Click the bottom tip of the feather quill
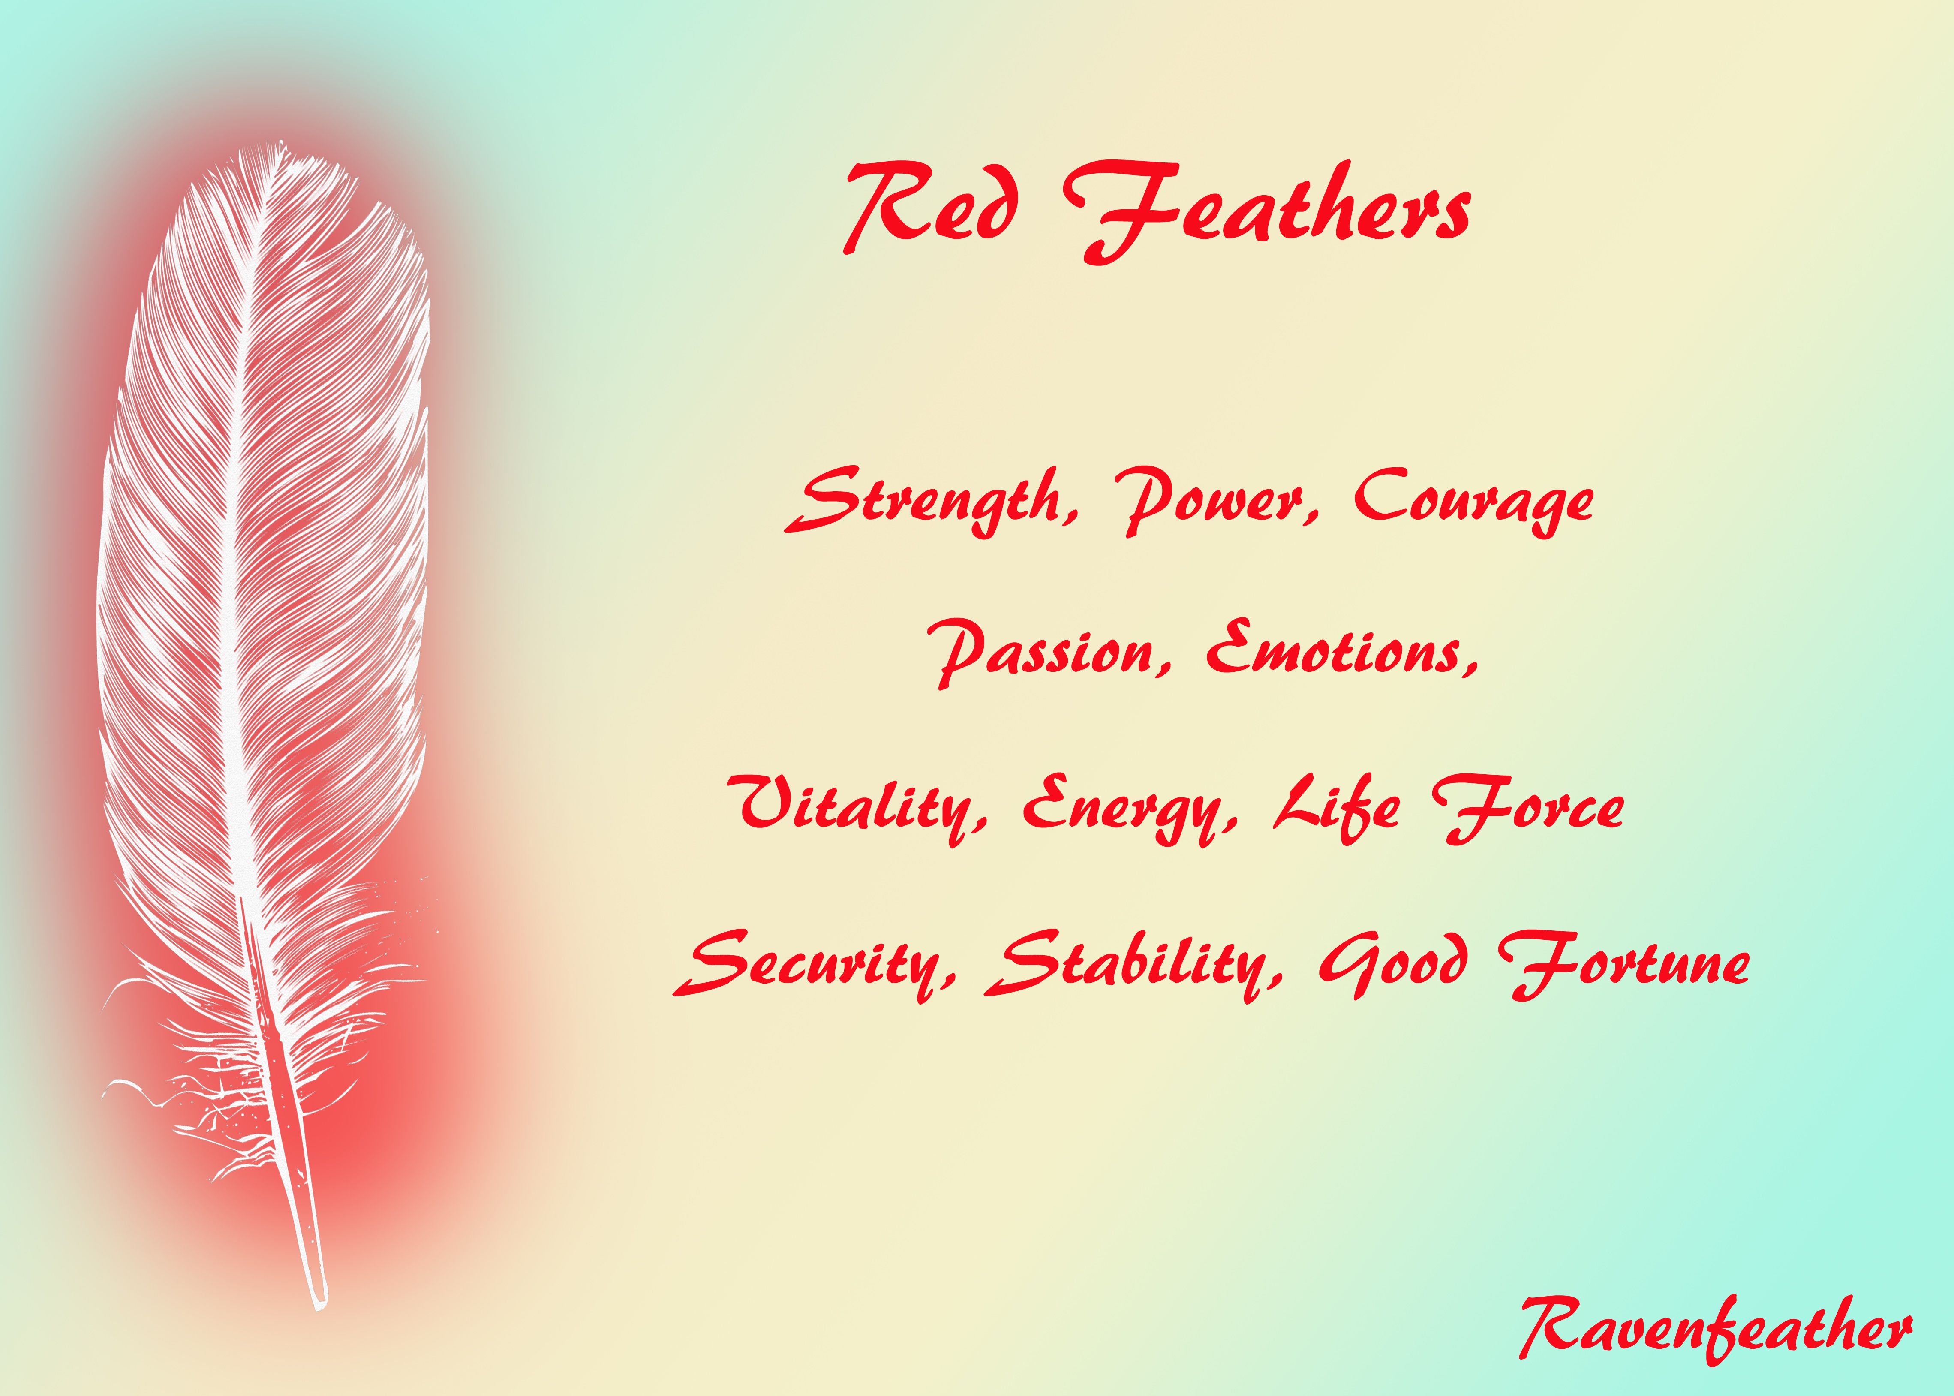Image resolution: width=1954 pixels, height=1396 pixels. pos(320,1306)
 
